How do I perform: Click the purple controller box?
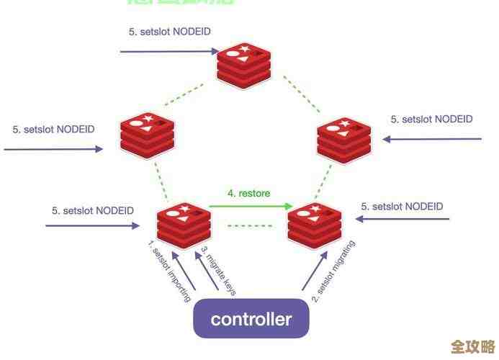pyautogui.click(x=251, y=319)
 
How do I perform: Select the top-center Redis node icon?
pyautogui.click(x=244, y=65)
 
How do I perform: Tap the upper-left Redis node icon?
pyautogui.click(x=148, y=133)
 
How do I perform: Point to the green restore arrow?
pyautogui.click(x=246, y=207)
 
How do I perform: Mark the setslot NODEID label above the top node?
pyautogui.click(x=170, y=32)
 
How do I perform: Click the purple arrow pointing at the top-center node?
pyautogui.click(x=170, y=51)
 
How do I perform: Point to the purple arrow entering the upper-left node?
pyautogui.click(x=54, y=149)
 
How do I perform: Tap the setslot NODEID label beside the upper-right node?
pyautogui.click(x=431, y=120)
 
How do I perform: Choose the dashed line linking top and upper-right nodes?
pyautogui.click(x=302, y=92)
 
